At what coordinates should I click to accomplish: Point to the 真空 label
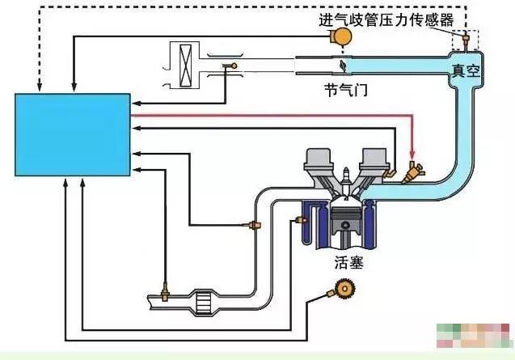click(x=466, y=71)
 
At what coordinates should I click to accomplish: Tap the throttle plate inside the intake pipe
click(x=343, y=64)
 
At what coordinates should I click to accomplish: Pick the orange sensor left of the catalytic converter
click(x=165, y=290)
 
